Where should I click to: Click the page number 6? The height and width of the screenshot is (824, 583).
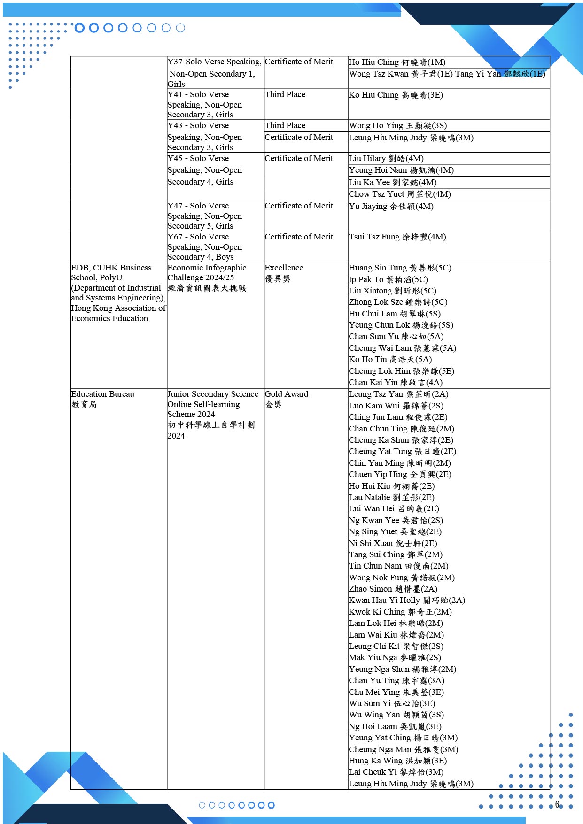point(557,804)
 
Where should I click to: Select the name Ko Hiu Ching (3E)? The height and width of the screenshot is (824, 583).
point(396,95)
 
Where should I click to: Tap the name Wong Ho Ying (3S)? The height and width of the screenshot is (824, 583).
point(397,125)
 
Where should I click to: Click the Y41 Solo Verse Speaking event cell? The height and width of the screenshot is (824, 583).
point(205,104)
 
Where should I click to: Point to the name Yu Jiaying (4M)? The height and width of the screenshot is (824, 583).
point(391,206)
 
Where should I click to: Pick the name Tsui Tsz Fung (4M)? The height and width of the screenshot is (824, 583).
point(397,237)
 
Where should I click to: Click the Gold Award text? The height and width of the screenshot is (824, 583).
point(287,394)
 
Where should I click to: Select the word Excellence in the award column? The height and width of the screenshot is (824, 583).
point(284,268)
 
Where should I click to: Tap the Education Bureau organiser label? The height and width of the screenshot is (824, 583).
point(102,394)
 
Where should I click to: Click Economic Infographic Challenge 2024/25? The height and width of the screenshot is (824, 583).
point(207,272)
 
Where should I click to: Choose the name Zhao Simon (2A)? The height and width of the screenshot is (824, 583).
point(393,589)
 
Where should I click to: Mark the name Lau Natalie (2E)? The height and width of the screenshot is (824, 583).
point(391,497)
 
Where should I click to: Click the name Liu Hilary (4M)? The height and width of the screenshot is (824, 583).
point(386,159)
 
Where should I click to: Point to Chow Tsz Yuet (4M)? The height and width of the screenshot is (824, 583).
point(399,194)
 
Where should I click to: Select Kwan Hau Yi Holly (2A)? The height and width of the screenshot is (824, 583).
point(406,600)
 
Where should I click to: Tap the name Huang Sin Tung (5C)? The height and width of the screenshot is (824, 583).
point(400,268)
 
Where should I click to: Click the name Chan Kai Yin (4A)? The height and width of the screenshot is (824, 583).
point(395,382)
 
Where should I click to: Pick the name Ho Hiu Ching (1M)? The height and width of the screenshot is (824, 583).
point(397,62)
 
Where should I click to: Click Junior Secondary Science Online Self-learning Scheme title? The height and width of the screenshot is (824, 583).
point(213,404)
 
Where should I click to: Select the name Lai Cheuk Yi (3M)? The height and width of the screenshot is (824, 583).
point(396,772)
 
